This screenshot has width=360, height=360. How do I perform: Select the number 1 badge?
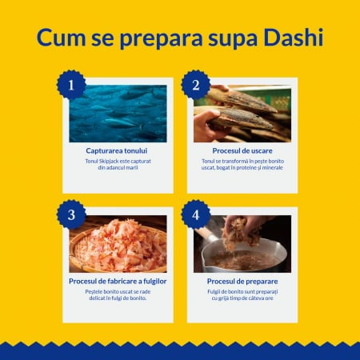pyautogui.click(x=72, y=83)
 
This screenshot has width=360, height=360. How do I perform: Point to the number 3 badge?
pyautogui.click(x=72, y=214)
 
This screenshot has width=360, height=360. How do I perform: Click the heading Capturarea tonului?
pyautogui.click(x=117, y=150)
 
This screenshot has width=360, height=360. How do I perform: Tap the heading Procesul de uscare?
pyautogui.click(x=242, y=150)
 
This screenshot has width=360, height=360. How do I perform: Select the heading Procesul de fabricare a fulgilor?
pyautogui.click(x=117, y=281)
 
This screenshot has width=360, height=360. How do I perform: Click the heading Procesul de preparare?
pyautogui.click(x=242, y=281)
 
